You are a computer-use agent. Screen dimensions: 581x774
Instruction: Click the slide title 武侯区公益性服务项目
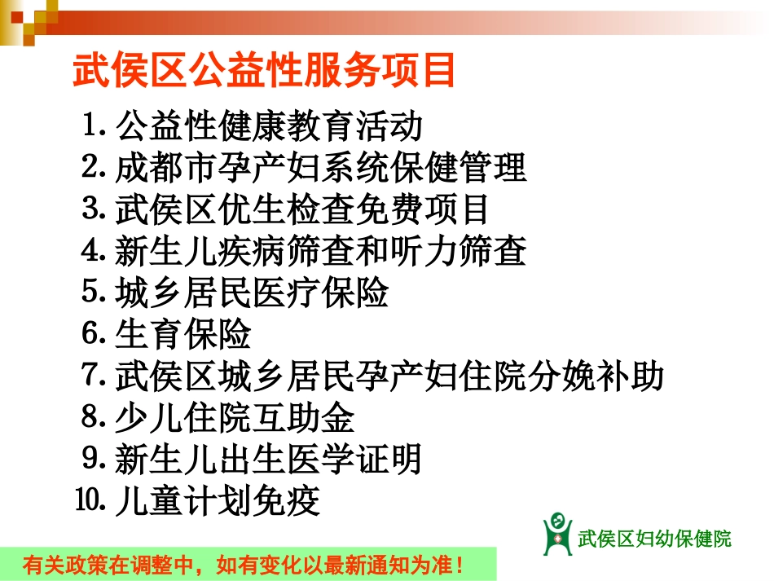tap(265, 72)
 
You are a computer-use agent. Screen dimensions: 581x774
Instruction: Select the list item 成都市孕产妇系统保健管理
tap(320, 168)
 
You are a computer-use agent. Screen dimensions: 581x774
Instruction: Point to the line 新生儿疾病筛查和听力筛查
tap(320, 252)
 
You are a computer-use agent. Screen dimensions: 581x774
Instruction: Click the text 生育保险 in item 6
tap(183, 335)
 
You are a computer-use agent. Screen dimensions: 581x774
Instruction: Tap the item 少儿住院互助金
tap(235, 419)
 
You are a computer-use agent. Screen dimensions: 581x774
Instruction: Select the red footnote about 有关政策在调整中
tap(247, 564)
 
